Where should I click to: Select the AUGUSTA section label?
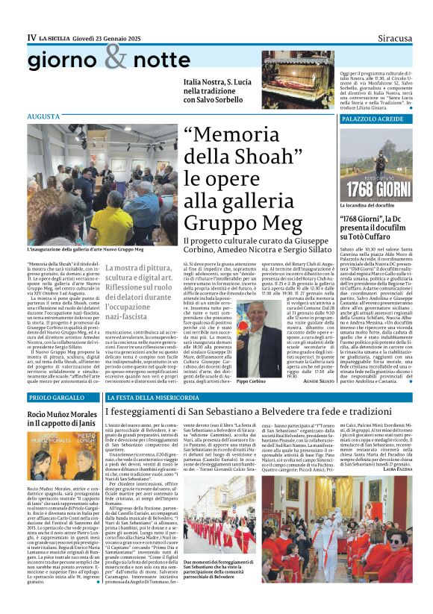tap(44, 117)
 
